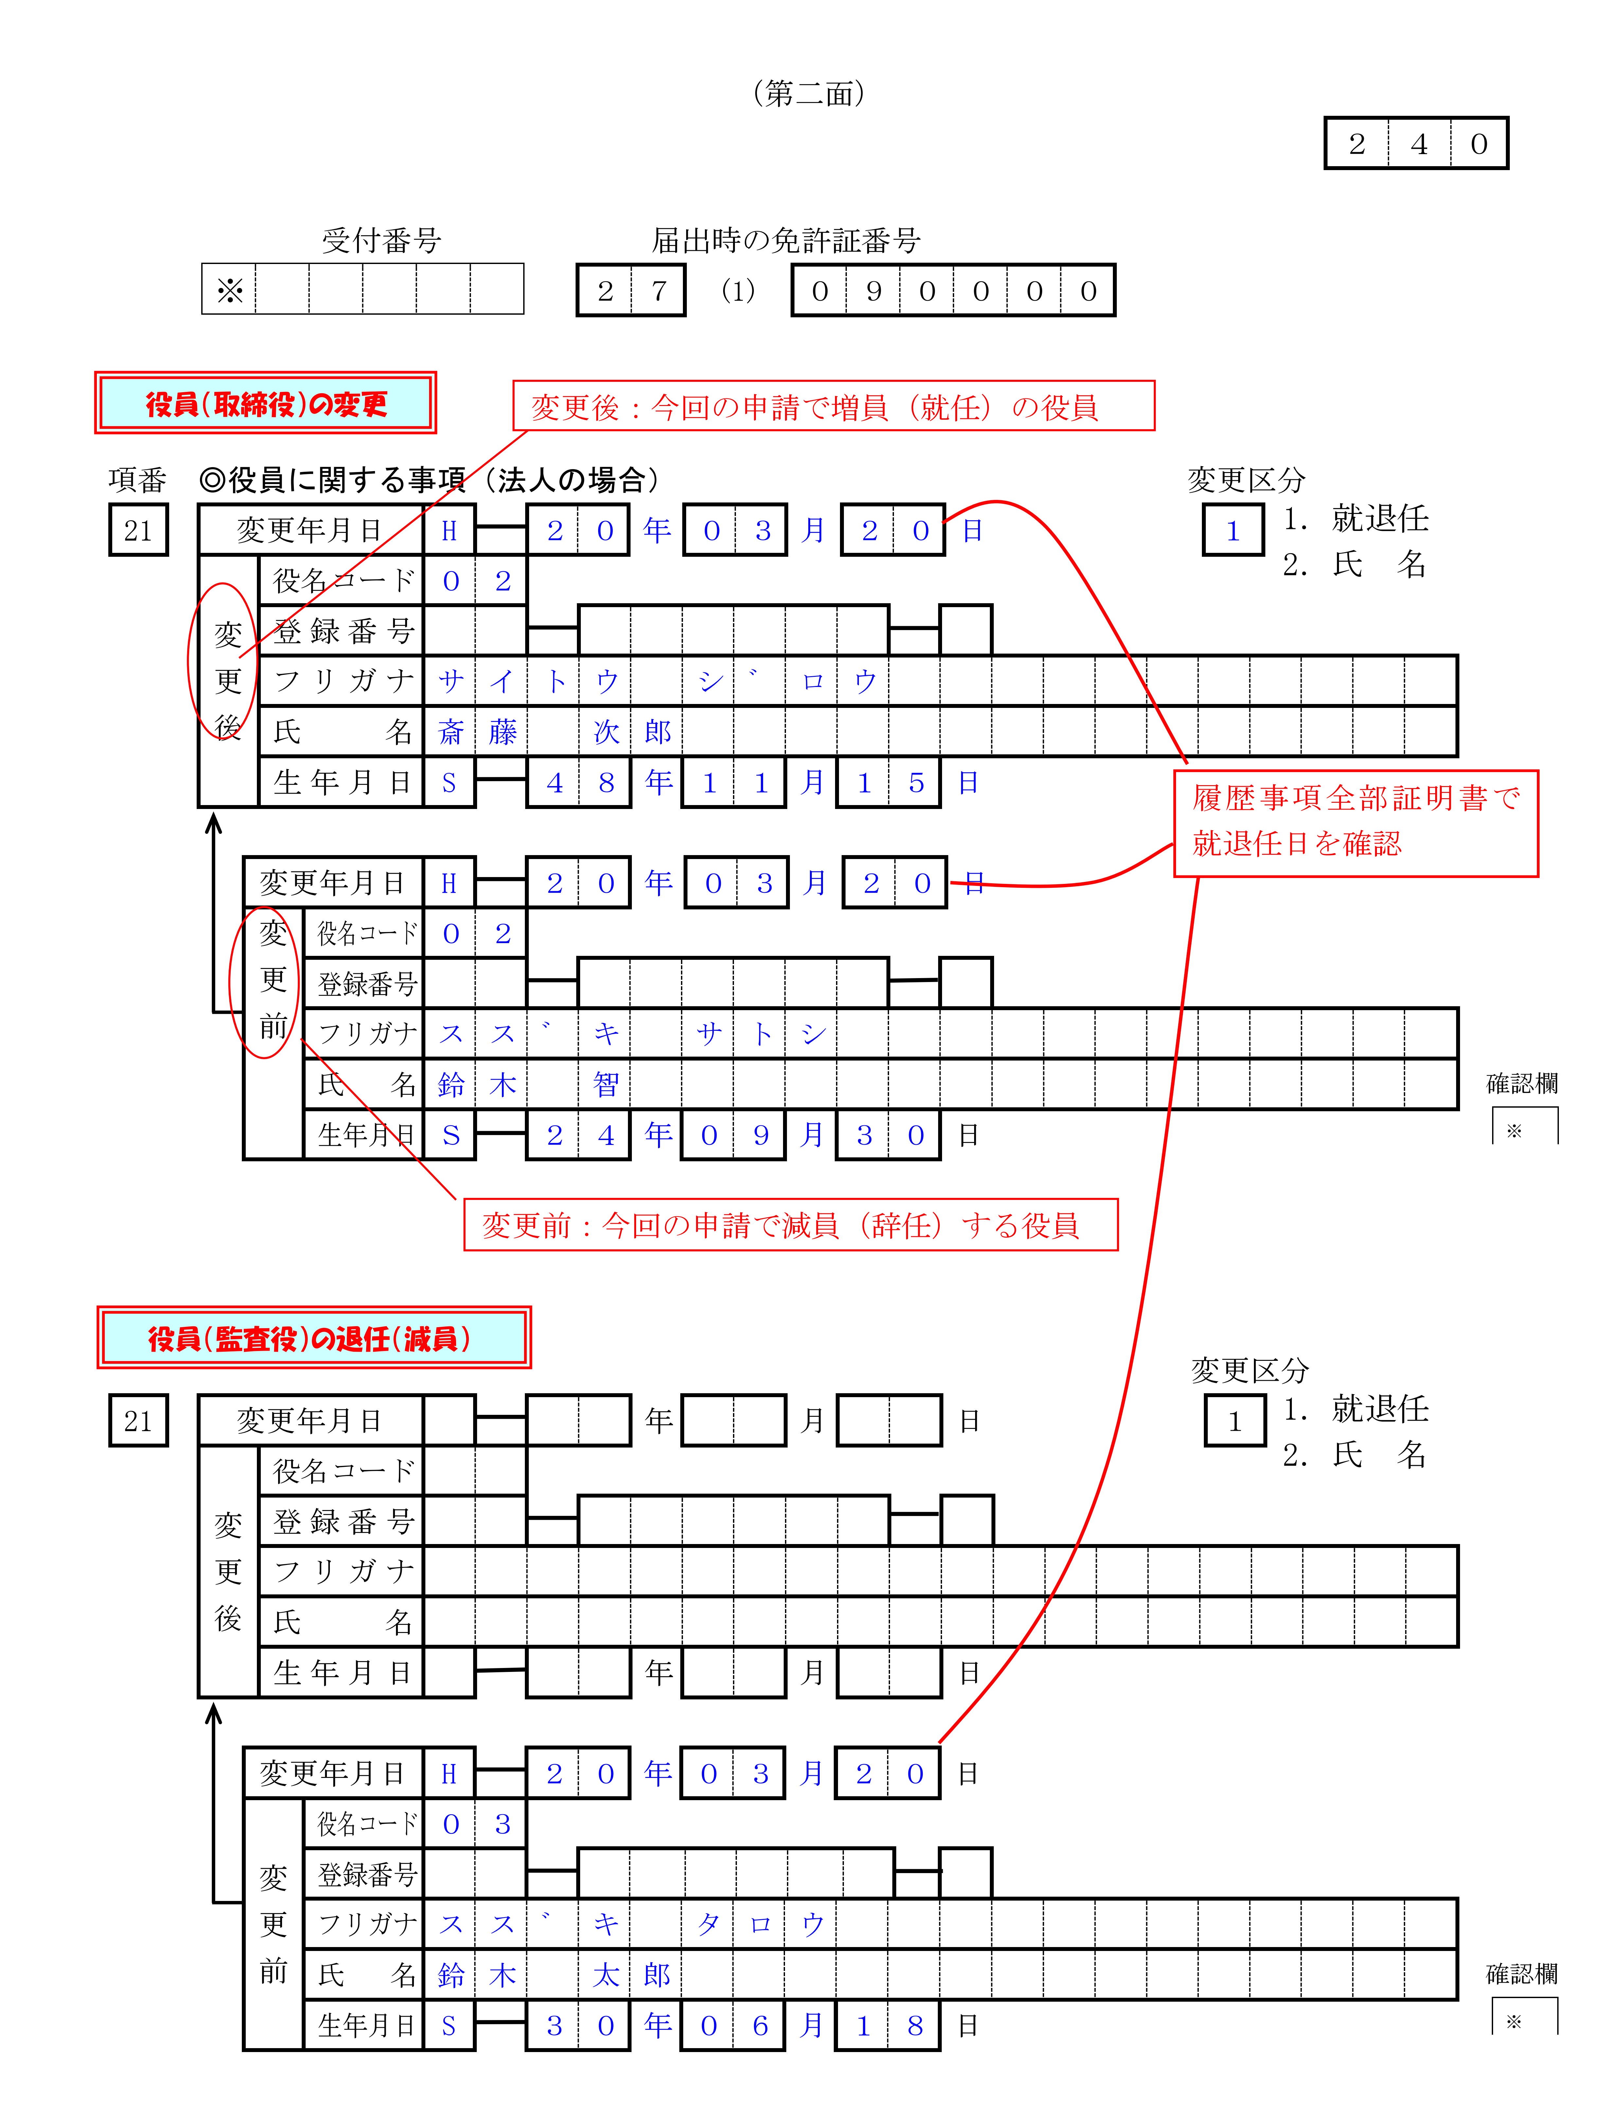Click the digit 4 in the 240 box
(x=1418, y=144)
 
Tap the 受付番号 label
(x=382, y=240)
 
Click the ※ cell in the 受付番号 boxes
(x=230, y=290)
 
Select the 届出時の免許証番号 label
(x=785, y=240)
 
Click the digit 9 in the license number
(x=873, y=291)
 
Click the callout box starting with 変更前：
(x=790, y=1225)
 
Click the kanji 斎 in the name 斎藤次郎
(x=450, y=732)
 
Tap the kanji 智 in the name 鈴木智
(x=606, y=1085)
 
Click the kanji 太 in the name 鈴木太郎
(x=606, y=1975)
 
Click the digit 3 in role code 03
(x=502, y=1824)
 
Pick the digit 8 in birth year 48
(x=606, y=782)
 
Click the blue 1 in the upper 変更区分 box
(x=1233, y=531)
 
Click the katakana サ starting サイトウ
(x=450, y=682)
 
